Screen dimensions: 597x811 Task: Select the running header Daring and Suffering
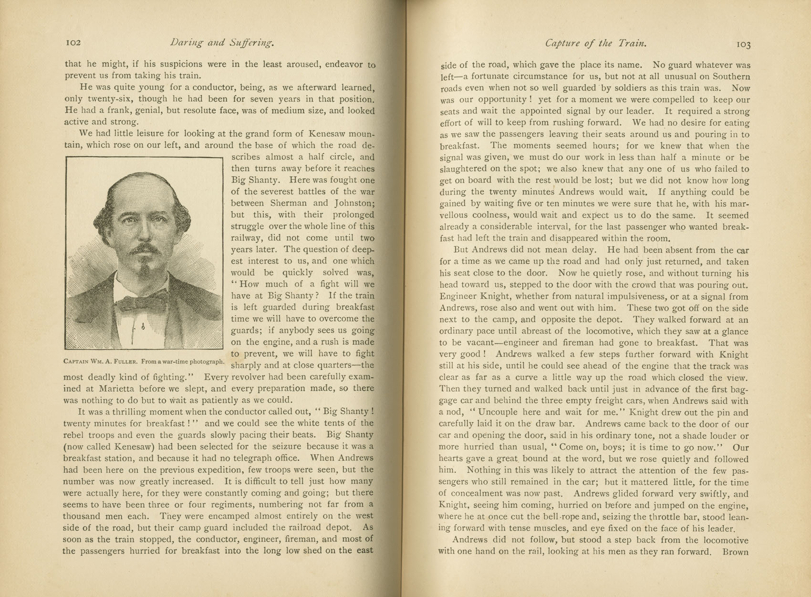point(222,43)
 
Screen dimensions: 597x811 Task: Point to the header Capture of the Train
point(595,43)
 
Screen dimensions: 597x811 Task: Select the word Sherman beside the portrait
point(289,203)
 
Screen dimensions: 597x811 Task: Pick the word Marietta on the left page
point(107,388)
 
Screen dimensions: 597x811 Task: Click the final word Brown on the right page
point(736,552)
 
